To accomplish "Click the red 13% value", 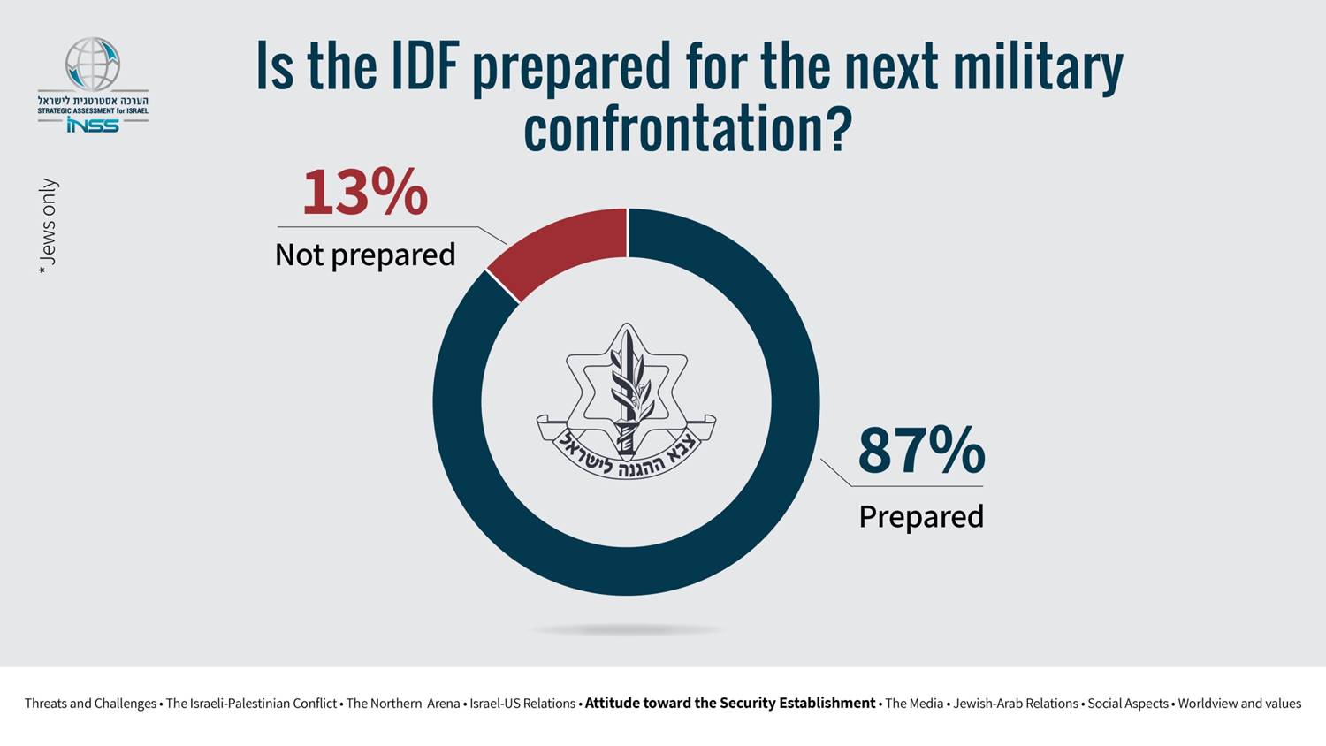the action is pyautogui.click(x=365, y=192).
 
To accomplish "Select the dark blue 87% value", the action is pyautogui.click(x=921, y=451).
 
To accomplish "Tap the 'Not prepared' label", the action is pyautogui.click(x=365, y=255).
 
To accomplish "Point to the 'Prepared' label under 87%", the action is pyautogui.click(x=921, y=516).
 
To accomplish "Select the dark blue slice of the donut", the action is pyautogui.click(x=796, y=402).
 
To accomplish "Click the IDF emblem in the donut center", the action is pyautogui.click(x=626, y=401).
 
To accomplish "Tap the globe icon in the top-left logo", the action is pyautogui.click(x=93, y=64).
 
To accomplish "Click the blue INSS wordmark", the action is pyautogui.click(x=93, y=125).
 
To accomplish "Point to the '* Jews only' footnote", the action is pyautogui.click(x=48, y=226).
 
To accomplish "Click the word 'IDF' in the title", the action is pyautogui.click(x=425, y=65).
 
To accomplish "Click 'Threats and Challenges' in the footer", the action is pyautogui.click(x=90, y=704).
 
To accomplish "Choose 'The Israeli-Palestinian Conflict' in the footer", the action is pyautogui.click(x=251, y=704).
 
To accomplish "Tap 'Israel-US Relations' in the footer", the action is pyautogui.click(x=522, y=704).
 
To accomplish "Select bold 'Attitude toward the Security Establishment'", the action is pyautogui.click(x=730, y=704).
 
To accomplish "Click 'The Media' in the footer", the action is pyautogui.click(x=914, y=704).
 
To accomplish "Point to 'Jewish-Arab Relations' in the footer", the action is pyautogui.click(x=1016, y=704).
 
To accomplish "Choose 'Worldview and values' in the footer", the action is pyautogui.click(x=1239, y=704).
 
